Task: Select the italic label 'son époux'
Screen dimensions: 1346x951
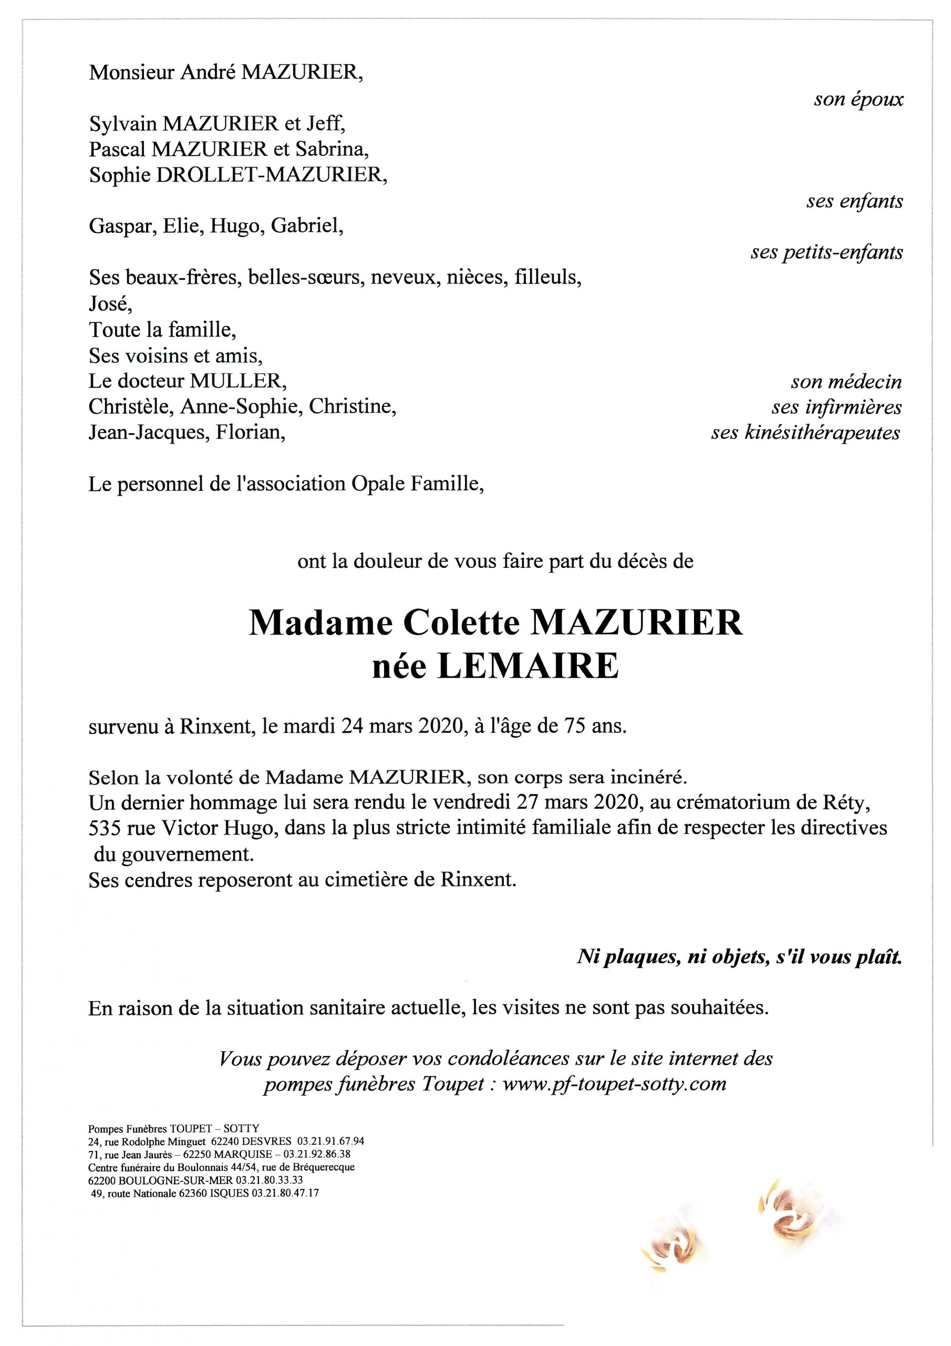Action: [858, 99]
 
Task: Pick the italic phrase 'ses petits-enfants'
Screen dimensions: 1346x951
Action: [826, 253]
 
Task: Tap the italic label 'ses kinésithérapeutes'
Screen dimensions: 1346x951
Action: [805, 433]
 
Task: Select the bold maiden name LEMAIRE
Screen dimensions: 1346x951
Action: [528, 667]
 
